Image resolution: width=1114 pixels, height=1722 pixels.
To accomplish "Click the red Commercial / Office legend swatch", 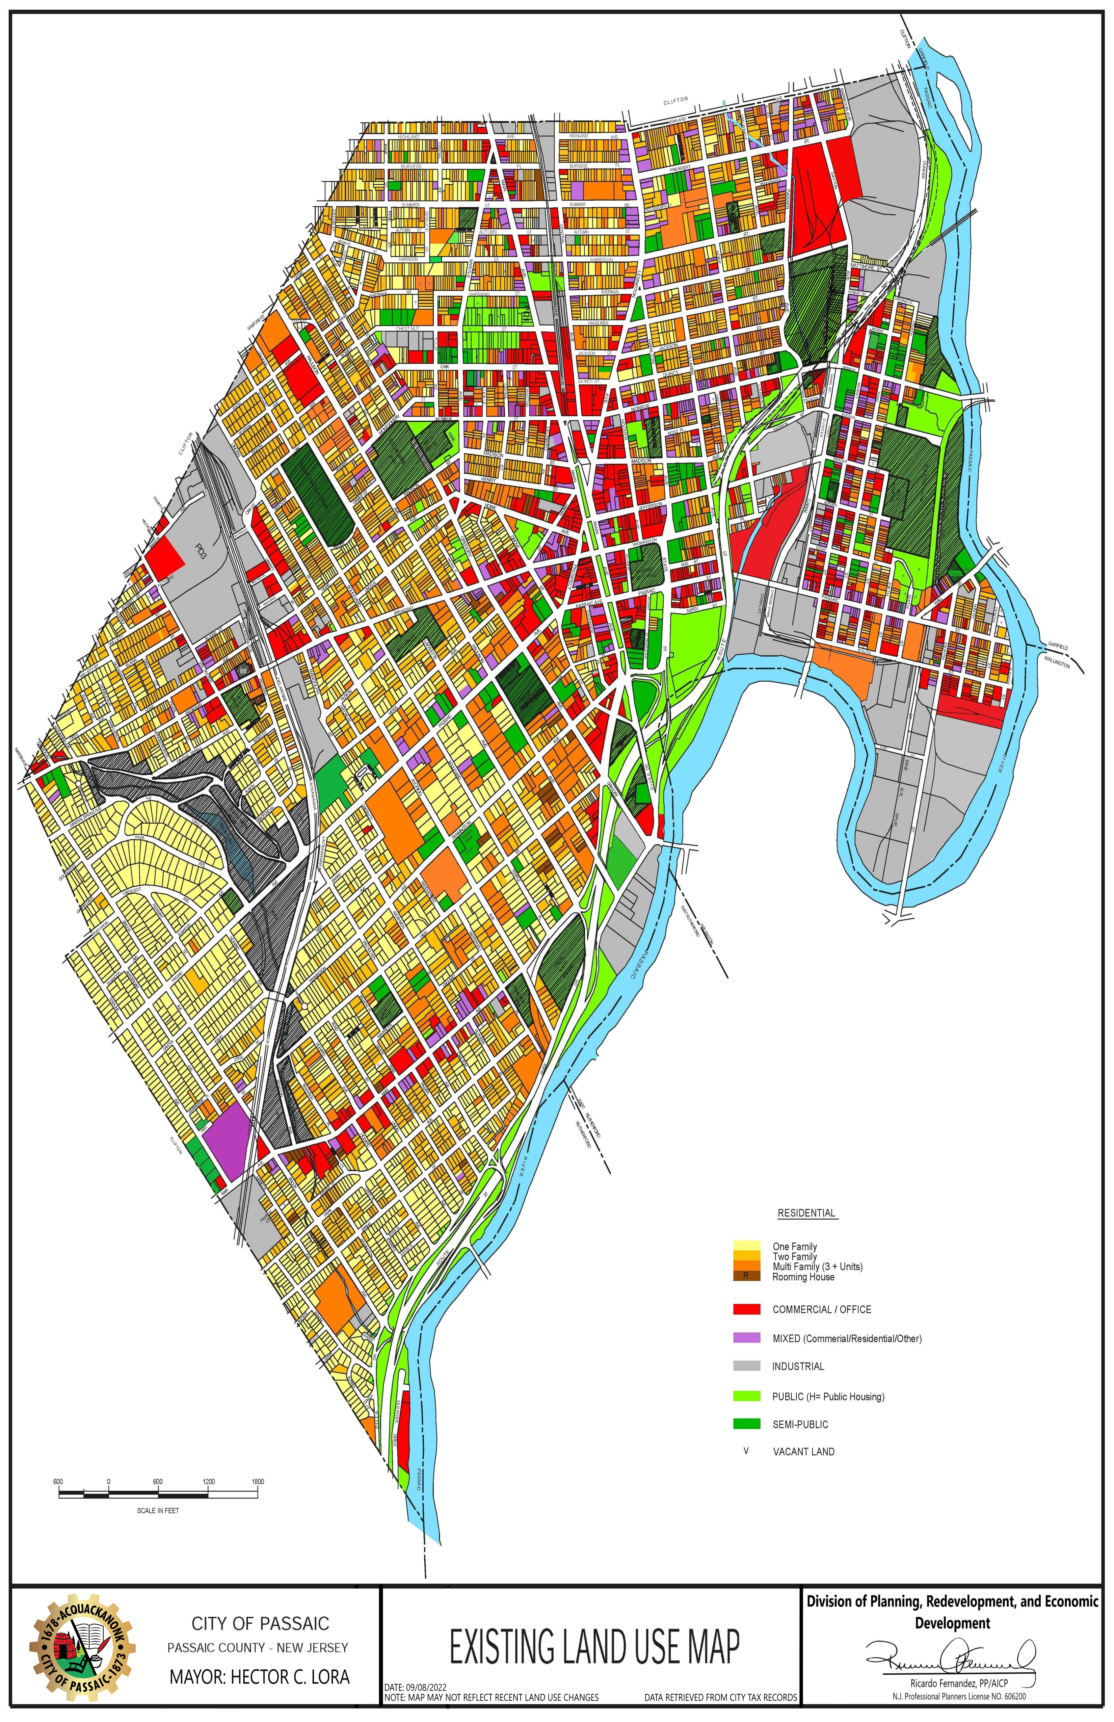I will pyautogui.click(x=746, y=1309).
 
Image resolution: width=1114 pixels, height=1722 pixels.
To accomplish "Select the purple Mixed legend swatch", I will pyautogui.click(x=746, y=1338).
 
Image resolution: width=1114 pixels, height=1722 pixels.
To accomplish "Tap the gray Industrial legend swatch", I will pyautogui.click(x=746, y=1366).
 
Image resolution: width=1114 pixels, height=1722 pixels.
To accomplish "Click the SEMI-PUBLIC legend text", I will pyautogui.click(x=800, y=1424).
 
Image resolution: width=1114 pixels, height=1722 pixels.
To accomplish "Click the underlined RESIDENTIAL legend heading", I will pyautogui.click(x=806, y=1212).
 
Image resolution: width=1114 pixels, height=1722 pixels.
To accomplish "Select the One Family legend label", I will pyautogui.click(x=794, y=1246).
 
